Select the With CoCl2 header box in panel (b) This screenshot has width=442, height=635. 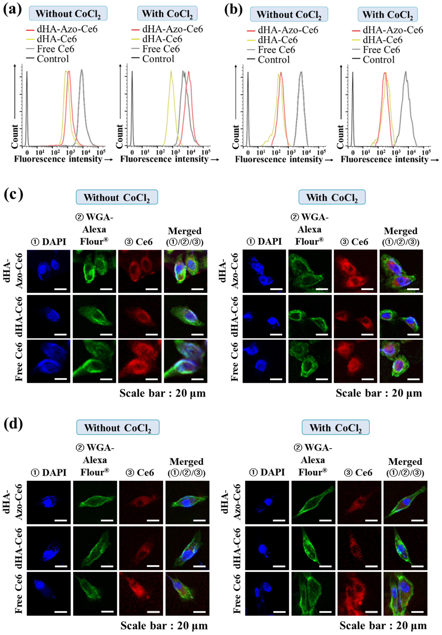(x=387, y=14)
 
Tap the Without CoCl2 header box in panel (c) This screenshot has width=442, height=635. (x=117, y=197)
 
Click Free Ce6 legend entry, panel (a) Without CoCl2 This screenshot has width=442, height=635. (x=55, y=49)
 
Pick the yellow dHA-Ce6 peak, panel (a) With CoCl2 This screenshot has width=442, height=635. (x=171, y=72)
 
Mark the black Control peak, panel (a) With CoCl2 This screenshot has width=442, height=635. (x=132, y=72)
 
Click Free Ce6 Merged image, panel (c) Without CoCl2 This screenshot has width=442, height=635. (x=185, y=361)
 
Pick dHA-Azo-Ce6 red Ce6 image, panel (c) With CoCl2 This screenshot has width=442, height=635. (x=355, y=271)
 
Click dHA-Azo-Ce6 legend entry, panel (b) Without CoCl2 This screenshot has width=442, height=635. (x=288, y=30)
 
